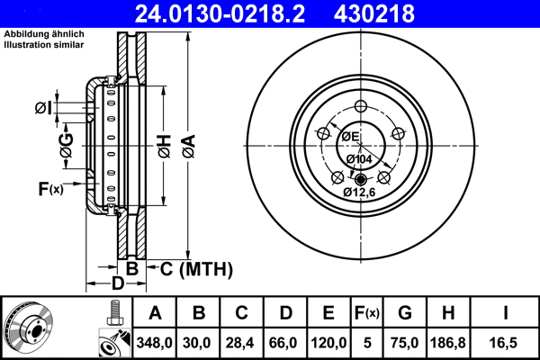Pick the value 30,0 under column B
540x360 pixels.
(x=200, y=343)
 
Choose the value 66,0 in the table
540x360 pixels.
(x=286, y=343)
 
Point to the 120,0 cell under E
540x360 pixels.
(x=329, y=343)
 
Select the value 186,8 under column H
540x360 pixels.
(x=447, y=343)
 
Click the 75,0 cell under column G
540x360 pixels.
(x=405, y=343)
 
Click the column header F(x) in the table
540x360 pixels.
(x=368, y=313)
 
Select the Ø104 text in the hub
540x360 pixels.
(x=359, y=159)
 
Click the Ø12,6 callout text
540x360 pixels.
(x=359, y=191)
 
